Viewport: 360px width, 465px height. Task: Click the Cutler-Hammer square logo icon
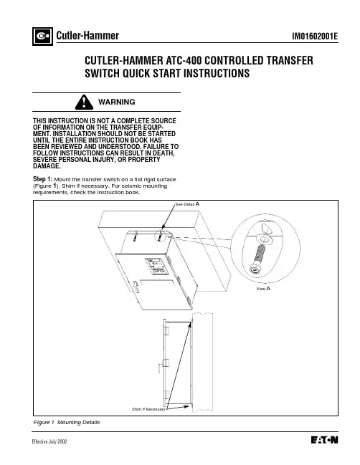point(42,36)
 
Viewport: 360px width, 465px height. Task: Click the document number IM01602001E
point(315,36)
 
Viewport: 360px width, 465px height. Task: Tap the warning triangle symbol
point(84,102)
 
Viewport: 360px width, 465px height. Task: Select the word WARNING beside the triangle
point(117,102)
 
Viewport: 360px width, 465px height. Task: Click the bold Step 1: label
point(42,179)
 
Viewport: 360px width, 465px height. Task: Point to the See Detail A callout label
point(187,204)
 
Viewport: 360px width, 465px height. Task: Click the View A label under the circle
point(263,289)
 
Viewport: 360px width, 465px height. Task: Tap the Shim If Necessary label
point(148,409)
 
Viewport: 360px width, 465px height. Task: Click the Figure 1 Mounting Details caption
point(67,422)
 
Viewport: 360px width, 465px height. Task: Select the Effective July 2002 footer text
point(49,441)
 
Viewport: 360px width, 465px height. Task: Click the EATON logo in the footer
point(324,440)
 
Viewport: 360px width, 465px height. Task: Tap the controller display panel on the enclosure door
point(156,267)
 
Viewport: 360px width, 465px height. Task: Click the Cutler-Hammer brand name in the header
point(87,36)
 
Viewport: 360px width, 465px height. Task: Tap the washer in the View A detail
point(265,239)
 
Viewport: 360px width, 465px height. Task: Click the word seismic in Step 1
point(131,186)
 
